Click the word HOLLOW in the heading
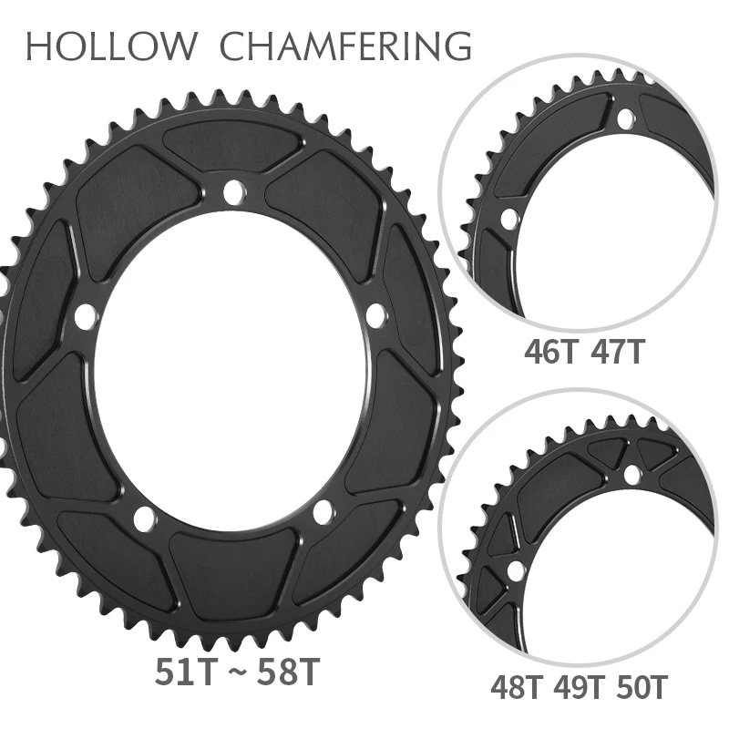pyautogui.click(x=110, y=46)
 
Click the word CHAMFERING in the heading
pyautogui.click(x=346, y=46)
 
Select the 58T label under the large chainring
pyautogui.click(x=289, y=672)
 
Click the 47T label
pyautogui.click(x=618, y=352)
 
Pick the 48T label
pyautogui.click(x=516, y=688)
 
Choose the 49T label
pyautogui.click(x=579, y=688)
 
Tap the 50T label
pyautogui.click(x=642, y=688)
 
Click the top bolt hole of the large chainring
pyautogui.click(x=234, y=192)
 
